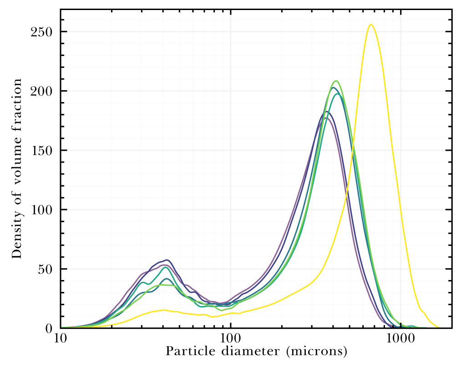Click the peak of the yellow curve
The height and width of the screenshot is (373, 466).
click(371, 25)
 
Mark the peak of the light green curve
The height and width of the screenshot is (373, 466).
click(336, 81)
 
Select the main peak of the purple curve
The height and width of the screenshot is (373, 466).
click(326, 118)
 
